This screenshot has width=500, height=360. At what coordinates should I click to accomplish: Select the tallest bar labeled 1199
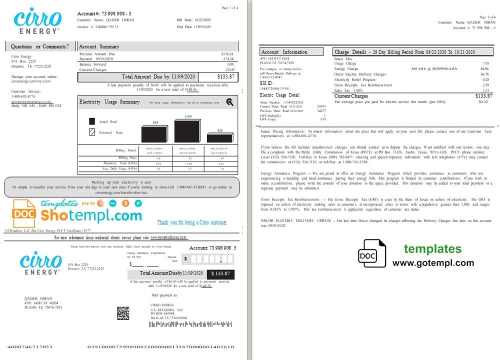[186, 131]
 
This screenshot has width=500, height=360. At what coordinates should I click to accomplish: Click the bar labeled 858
[155, 134]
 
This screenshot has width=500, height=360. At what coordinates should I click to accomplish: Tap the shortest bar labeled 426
[220, 138]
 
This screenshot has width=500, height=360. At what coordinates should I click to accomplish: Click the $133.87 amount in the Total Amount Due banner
[225, 76]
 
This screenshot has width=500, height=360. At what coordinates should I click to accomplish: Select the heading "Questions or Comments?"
[40, 46]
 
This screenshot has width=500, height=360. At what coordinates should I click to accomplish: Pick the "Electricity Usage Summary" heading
[109, 102]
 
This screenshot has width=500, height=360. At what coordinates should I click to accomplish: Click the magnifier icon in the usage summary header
[229, 102]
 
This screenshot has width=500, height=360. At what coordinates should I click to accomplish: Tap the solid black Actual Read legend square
[92, 121]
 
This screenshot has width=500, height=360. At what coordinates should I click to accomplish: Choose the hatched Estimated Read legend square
[92, 132]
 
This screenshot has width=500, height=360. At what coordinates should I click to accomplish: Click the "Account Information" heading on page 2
[284, 51]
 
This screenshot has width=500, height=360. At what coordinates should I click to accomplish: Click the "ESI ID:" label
[266, 83]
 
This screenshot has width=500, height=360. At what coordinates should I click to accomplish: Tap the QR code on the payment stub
[123, 313]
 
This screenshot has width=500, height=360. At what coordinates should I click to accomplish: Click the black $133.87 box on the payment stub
[220, 273]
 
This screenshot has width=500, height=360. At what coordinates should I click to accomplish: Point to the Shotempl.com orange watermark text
[91, 215]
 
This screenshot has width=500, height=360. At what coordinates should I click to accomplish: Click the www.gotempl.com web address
[433, 263]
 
